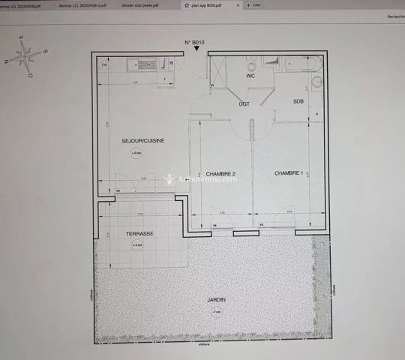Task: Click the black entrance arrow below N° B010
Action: pos(196,49)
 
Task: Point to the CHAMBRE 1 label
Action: pos(289,173)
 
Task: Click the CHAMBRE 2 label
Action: pos(221,174)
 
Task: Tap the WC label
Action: pos(251,76)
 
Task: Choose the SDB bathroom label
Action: pos(298,101)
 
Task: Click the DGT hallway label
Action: pos(244,104)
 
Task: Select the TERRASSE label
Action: pos(139,234)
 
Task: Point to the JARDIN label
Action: pos(217,300)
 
